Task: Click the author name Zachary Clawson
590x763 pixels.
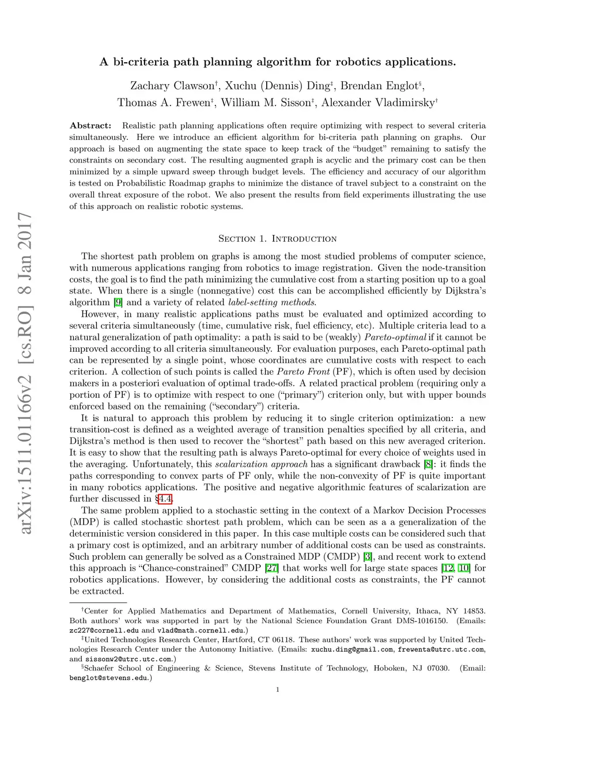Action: [172, 86]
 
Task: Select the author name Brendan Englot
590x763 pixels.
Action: [379, 86]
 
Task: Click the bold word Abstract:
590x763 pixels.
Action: [90, 126]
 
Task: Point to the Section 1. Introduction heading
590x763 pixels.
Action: [277, 238]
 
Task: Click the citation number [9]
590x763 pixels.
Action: [118, 302]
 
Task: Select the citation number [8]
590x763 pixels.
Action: [428, 464]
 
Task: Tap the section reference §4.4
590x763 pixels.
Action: [164, 499]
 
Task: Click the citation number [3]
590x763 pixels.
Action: [368, 556]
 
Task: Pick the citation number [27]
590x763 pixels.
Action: [272, 568]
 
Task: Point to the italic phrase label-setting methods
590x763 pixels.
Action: [272, 302]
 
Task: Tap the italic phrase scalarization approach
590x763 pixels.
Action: [261, 464]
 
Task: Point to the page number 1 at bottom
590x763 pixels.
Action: [278, 690]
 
